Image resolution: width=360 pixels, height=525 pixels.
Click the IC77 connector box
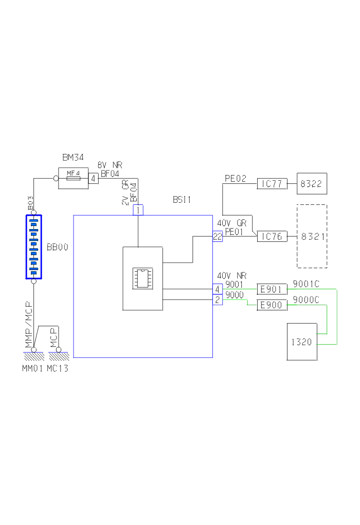click(272, 184)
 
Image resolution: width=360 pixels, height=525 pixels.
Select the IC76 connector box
click(272, 237)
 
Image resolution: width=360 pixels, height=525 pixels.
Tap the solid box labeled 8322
click(312, 184)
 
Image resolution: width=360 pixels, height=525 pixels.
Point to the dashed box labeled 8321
click(312, 236)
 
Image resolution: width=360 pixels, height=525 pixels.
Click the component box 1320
click(301, 342)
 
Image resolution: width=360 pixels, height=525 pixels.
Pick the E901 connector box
click(271, 289)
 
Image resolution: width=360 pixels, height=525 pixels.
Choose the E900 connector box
click(271, 305)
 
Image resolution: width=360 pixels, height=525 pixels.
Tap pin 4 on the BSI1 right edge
click(217, 289)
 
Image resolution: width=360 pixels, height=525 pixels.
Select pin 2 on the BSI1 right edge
click(217, 300)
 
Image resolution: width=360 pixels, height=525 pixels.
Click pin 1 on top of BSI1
click(138, 210)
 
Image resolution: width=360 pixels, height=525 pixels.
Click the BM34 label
click(73, 157)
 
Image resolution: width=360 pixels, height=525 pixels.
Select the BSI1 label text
click(182, 200)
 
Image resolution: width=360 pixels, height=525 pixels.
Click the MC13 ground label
click(57, 369)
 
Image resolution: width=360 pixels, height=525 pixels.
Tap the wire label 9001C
click(306, 284)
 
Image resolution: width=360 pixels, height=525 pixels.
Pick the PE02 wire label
click(236, 179)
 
